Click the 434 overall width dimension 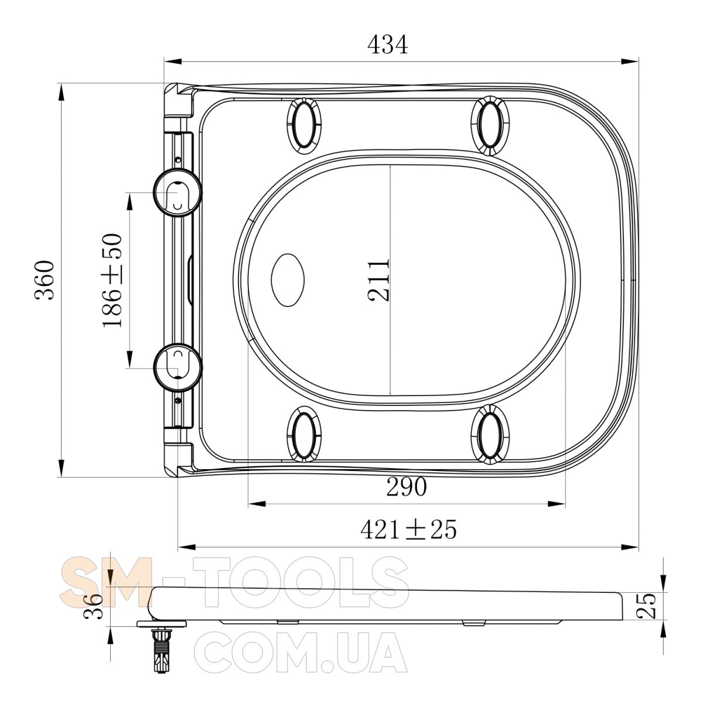coord(387,45)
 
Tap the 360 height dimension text coord(45,280)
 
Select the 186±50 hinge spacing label coord(112,281)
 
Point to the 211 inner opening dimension coord(378,280)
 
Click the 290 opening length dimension coord(407,487)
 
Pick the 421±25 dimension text coord(408,530)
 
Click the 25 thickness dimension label coord(646,606)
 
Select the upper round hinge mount coord(178,193)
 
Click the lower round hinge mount coord(178,367)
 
